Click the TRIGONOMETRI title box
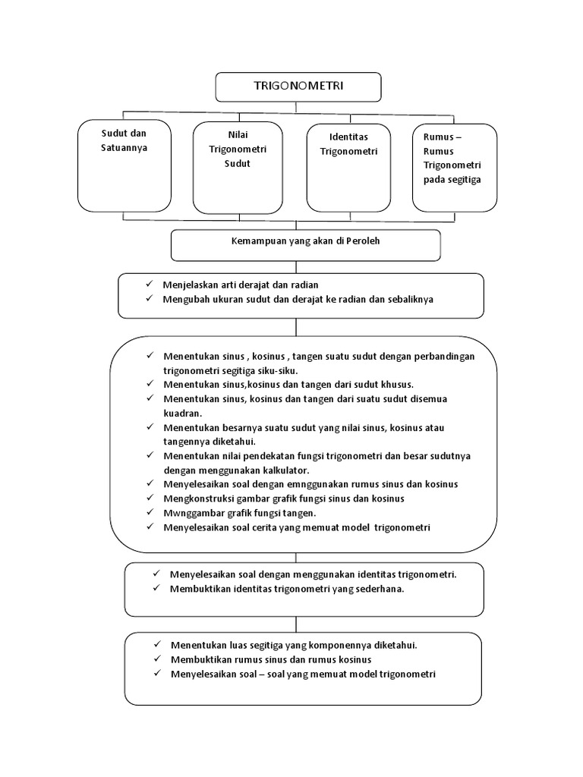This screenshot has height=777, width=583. (x=298, y=87)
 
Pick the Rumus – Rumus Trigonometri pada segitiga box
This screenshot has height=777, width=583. (x=454, y=166)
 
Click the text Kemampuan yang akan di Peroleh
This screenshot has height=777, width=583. (x=306, y=241)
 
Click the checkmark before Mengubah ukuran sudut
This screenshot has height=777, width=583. (x=150, y=298)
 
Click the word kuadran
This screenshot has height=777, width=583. (x=181, y=414)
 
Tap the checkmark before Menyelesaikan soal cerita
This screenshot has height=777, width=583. (x=150, y=527)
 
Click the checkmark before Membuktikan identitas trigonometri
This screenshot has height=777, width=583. (x=157, y=589)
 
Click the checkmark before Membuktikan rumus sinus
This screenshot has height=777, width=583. (x=157, y=659)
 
